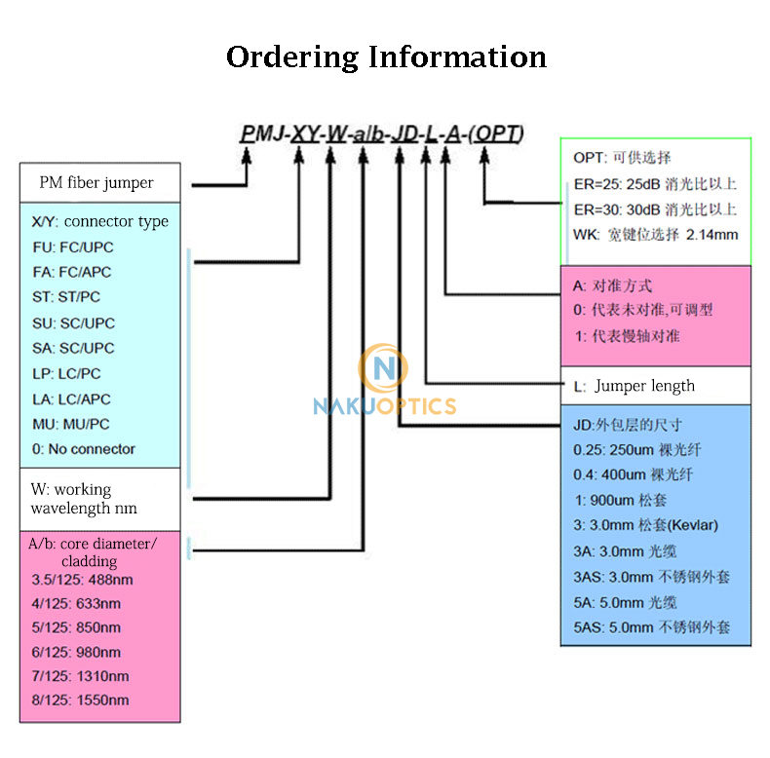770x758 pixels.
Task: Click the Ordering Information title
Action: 386,57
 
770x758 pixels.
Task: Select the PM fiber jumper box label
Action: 96,182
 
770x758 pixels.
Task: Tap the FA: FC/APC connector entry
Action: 73,272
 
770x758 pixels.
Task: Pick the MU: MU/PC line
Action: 71,424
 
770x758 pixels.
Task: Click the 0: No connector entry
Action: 84,449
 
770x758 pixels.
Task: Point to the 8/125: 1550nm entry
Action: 80,700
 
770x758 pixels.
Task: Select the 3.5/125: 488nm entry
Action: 83,581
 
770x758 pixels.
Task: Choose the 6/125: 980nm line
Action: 76,652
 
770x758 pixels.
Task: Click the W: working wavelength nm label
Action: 84,499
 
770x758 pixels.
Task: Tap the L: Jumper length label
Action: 635,386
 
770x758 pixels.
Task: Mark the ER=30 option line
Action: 655,209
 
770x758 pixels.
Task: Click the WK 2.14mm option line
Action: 656,235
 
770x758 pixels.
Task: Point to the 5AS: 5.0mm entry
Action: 651,627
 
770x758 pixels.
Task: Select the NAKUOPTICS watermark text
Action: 384,405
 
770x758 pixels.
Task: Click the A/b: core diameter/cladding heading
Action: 93,551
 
